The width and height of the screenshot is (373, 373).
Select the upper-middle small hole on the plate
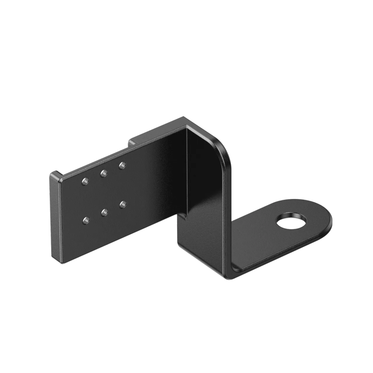tap(104, 173)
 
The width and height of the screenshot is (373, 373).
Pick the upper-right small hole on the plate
tap(122, 165)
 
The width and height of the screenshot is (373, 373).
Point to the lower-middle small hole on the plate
tap(104, 212)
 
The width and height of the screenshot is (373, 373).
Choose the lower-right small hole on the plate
tap(123, 203)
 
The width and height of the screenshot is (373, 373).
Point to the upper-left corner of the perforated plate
tap(52, 174)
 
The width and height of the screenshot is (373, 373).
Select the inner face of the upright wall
tap(205, 196)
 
